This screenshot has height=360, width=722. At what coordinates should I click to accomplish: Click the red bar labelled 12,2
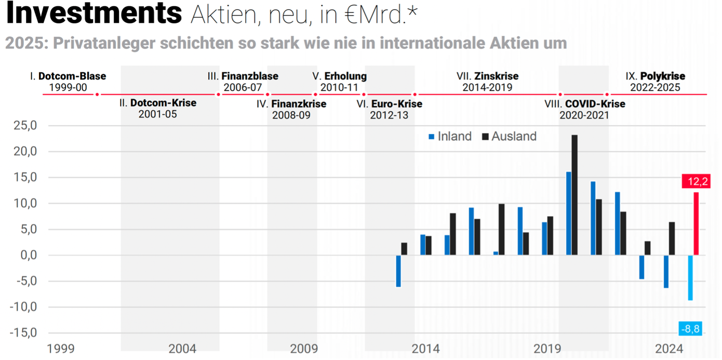tap(696, 223)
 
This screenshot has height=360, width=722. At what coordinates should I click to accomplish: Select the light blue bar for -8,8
tap(690, 277)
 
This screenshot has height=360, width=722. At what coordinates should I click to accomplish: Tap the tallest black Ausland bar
tap(574, 195)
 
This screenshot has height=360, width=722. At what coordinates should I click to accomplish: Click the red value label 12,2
tap(696, 181)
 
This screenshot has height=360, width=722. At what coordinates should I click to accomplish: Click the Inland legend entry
tap(449, 137)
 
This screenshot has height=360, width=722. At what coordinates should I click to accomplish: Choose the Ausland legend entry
tap(509, 137)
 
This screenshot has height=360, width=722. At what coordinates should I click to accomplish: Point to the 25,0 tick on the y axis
tap(25, 126)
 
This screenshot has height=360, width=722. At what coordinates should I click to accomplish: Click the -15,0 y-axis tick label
tap(24, 332)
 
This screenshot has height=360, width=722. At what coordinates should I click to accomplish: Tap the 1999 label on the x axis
tap(61, 348)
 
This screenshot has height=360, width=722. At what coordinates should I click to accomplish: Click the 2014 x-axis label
tap(425, 348)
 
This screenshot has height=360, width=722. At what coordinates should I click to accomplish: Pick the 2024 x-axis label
tap(669, 348)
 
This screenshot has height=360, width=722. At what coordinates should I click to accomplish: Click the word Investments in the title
tap(94, 14)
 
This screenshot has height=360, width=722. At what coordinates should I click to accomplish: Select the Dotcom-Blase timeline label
tap(72, 76)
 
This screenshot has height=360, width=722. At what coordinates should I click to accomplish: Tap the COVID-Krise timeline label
tap(595, 104)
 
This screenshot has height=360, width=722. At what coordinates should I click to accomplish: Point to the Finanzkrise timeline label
tap(298, 104)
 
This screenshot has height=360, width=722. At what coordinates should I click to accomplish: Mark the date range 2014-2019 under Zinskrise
tap(487, 87)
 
